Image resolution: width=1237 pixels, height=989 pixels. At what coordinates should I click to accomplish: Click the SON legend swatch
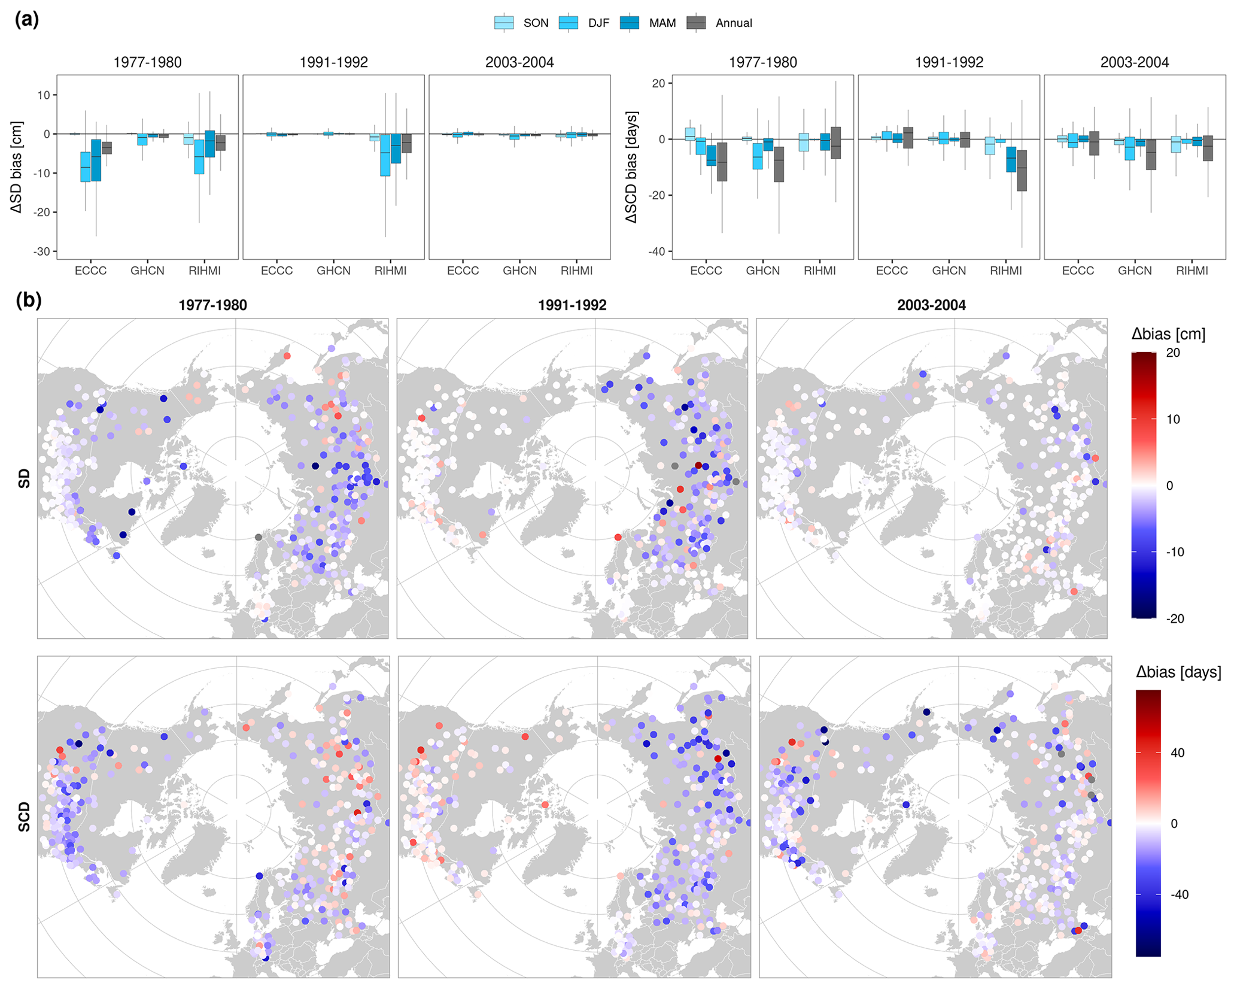[503, 23]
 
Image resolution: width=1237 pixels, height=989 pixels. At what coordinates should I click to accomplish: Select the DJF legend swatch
[568, 23]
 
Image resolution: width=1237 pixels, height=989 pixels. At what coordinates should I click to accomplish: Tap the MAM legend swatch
[629, 23]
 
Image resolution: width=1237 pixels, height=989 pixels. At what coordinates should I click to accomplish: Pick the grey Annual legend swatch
[695, 23]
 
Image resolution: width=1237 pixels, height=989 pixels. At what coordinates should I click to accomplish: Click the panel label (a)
[27, 20]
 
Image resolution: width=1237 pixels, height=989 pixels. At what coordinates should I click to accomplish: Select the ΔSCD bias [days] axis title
[631, 167]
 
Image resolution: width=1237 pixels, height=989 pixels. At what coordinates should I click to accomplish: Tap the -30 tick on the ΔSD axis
[41, 251]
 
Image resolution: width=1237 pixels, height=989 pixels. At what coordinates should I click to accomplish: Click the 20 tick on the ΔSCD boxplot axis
[659, 83]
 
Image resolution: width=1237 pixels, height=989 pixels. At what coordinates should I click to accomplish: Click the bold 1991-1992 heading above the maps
[572, 305]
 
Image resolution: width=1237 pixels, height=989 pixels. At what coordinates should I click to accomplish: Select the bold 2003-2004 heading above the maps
[931, 305]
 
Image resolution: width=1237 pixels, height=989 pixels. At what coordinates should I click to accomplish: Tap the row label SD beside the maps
[24, 478]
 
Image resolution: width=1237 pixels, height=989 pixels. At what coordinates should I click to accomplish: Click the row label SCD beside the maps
[24, 817]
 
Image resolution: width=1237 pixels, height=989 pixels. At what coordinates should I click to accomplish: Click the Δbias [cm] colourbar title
[1168, 334]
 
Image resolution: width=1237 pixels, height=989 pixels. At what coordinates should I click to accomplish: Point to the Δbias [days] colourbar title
[1178, 672]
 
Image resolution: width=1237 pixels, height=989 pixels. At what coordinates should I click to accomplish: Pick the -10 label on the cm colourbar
[1175, 552]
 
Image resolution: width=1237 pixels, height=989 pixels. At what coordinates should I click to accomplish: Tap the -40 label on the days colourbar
[1180, 894]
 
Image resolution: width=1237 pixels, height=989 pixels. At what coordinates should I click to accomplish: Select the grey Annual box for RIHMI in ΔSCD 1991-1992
[1022, 171]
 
